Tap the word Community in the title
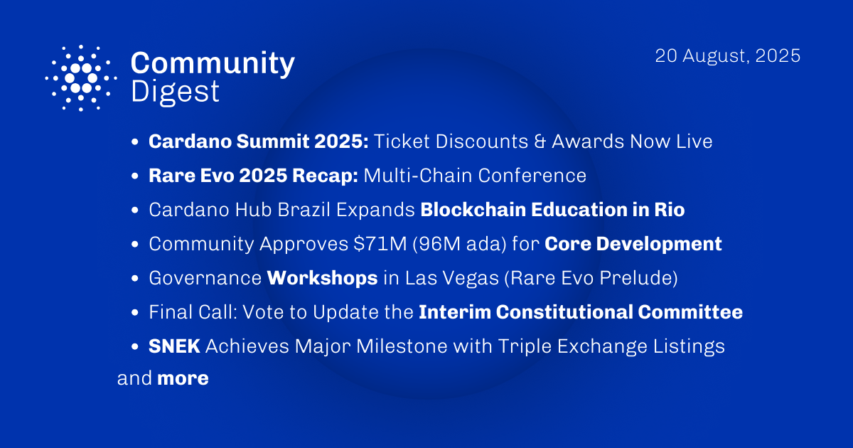[x=213, y=64]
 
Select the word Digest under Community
[x=175, y=92]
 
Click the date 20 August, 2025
[x=728, y=56]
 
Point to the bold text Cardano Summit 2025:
[x=258, y=142]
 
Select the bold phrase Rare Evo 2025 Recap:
[x=253, y=176]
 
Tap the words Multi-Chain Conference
[x=475, y=176]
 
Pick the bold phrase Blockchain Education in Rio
[x=552, y=210]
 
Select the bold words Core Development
[x=633, y=244]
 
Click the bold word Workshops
[x=322, y=278]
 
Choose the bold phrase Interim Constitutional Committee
[x=581, y=312]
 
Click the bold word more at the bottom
[x=183, y=378]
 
